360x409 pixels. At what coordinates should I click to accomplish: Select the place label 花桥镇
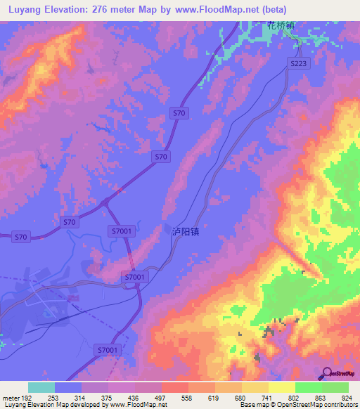coord(279,25)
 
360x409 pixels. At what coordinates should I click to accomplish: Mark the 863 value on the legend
coord(322,397)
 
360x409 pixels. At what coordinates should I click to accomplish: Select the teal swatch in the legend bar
coord(41,387)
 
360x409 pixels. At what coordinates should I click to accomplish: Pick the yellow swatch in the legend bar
coord(282,387)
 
